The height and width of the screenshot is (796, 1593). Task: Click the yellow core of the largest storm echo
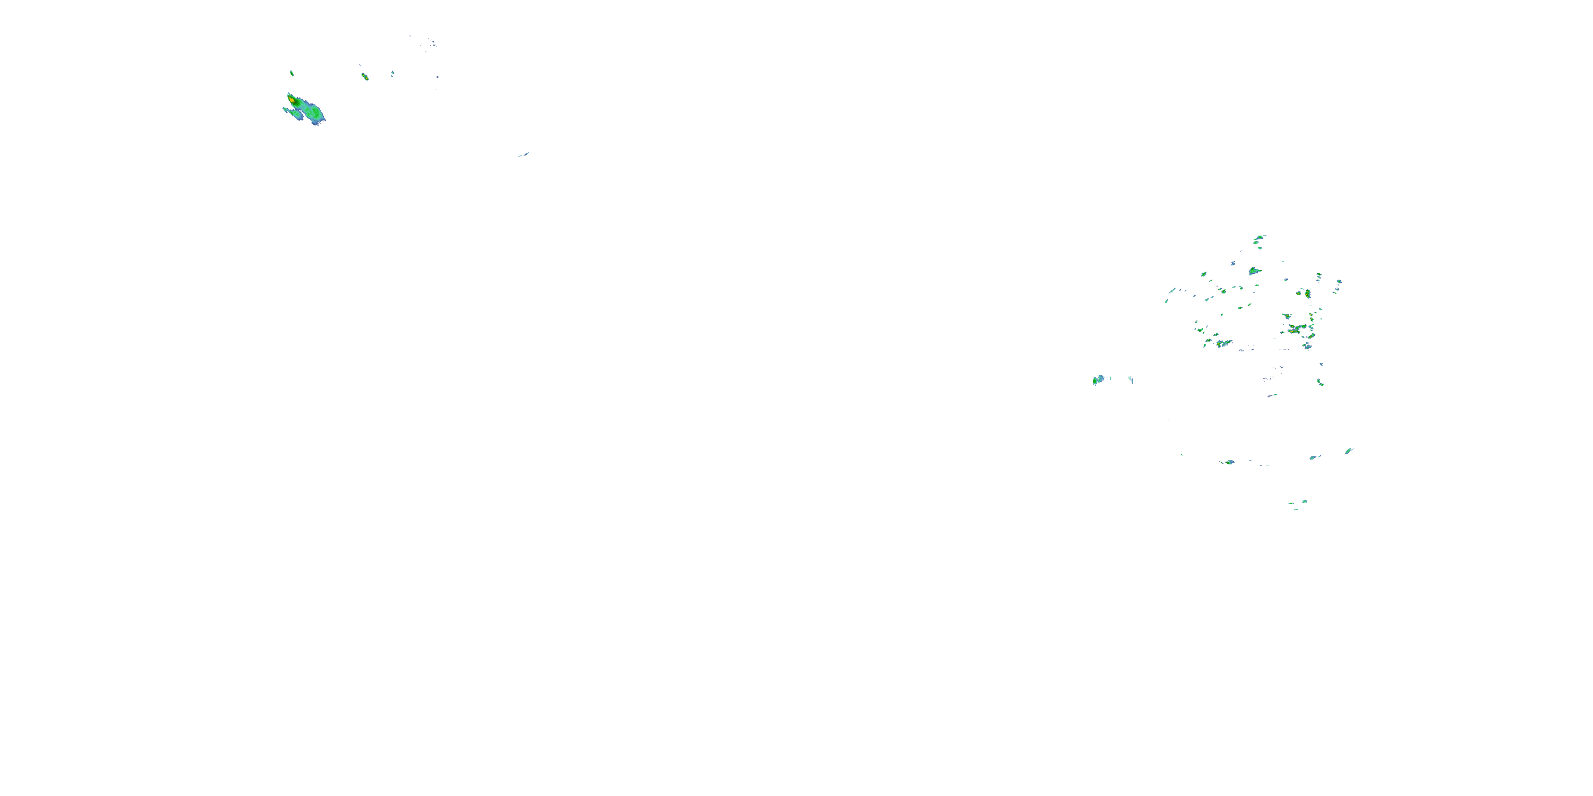(x=292, y=99)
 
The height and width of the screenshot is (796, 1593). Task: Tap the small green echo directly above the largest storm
(x=292, y=73)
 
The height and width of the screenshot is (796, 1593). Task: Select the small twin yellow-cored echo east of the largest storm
(x=365, y=76)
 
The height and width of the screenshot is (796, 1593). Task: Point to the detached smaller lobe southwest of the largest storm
(x=294, y=113)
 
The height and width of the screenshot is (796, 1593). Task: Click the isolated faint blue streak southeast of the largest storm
(x=523, y=154)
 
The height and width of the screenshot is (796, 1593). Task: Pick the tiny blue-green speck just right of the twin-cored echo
(x=392, y=74)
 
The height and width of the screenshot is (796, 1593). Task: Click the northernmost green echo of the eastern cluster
(x=1260, y=237)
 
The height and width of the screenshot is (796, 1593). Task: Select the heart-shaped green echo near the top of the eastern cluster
(x=1254, y=271)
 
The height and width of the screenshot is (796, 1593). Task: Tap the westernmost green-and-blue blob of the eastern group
(x=1098, y=379)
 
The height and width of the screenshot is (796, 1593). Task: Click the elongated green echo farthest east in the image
(x=1349, y=451)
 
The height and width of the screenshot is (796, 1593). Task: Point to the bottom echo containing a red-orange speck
(x=1229, y=462)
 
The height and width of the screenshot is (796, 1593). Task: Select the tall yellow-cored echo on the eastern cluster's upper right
(x=1307, y=293)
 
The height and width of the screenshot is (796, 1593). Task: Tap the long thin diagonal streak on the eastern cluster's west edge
(x=1171, y=291)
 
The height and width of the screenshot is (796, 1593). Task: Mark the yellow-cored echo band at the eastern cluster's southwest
(x=1222, y=342)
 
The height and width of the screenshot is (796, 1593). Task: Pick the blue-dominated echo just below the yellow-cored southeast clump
(x=1307, y=346)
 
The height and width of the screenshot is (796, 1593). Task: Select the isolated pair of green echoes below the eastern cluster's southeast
(x=1320, y=382)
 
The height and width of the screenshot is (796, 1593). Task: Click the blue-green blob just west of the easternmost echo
(x=1314, y=457)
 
